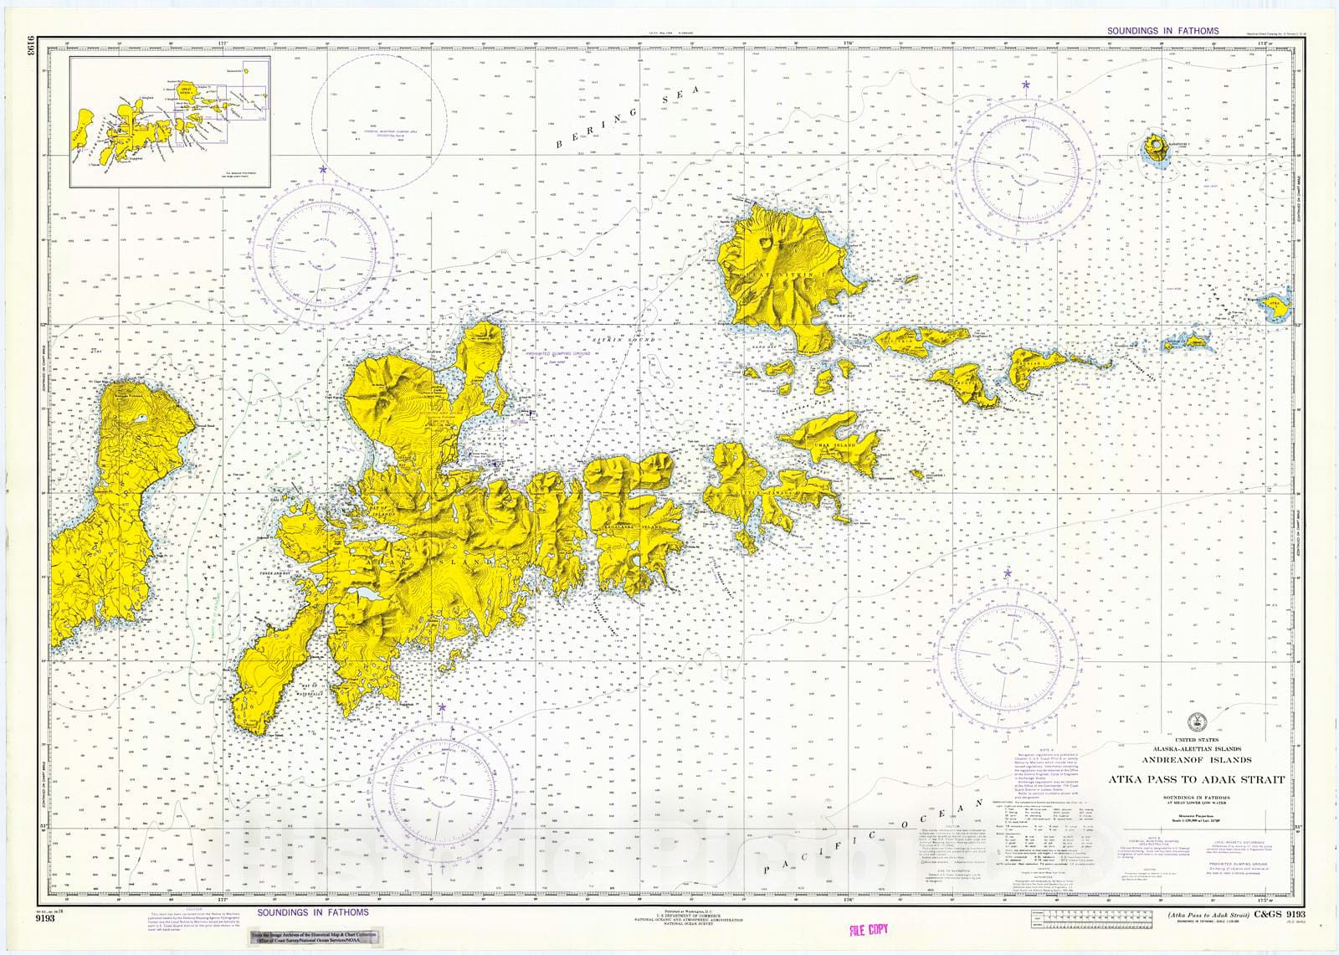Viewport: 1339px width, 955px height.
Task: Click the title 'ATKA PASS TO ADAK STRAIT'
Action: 1196,780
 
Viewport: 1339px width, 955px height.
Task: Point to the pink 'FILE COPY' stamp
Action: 868,930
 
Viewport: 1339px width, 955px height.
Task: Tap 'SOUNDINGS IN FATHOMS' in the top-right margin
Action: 1162,31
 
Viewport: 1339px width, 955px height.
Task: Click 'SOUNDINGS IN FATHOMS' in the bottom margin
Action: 312,912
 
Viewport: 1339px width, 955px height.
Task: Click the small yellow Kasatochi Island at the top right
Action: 1157,149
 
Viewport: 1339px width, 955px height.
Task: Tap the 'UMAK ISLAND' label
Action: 834,444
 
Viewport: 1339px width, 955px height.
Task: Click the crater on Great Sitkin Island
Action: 767,244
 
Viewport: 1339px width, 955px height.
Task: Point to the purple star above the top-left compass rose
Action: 323,170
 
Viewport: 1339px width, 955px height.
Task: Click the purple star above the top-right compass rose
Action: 1026,85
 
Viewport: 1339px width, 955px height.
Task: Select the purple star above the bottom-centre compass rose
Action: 440,708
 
